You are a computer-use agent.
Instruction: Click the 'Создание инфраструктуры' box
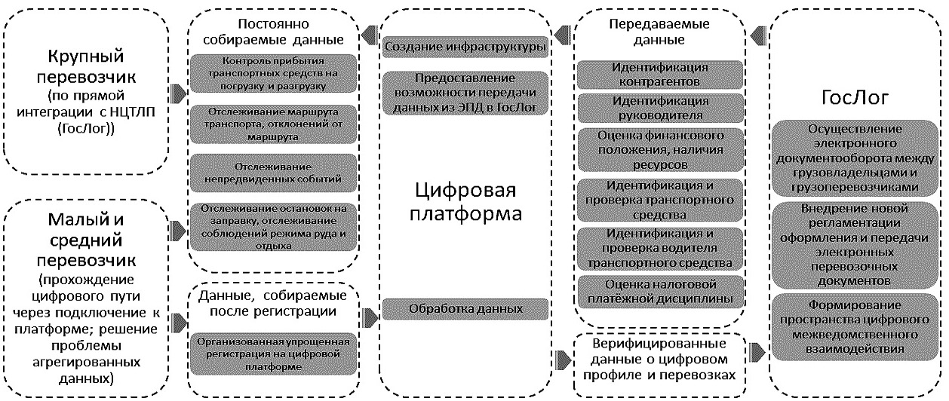click(464, 47)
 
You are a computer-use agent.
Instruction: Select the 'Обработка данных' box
click(464, 309)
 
